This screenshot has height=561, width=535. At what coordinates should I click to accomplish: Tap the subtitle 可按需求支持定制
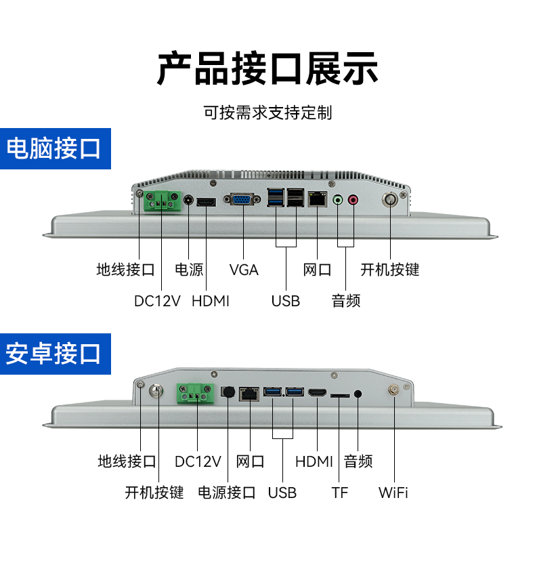(x=267, y=112)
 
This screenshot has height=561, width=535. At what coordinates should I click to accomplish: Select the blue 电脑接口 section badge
(x=53, y=148)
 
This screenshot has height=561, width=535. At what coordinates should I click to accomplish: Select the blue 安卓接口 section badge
(x=53, y=353)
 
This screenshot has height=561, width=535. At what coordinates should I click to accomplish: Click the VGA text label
(x=244, y=270)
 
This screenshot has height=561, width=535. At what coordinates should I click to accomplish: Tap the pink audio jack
(x=353, y=200)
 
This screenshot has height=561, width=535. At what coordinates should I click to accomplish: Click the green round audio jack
(x=339, y=200)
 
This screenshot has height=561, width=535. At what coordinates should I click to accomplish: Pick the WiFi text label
(x=393, y=493)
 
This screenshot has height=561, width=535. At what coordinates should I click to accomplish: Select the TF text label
(x=339, y=493)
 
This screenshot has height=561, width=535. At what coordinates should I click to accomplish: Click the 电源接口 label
(x=227, y=493)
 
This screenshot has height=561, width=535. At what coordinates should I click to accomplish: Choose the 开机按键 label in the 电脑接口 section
(x=389, y=270)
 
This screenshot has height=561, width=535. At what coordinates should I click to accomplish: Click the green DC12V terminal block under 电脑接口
(x=163, y=201)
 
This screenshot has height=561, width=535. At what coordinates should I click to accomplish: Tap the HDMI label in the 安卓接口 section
(x=314, y=462)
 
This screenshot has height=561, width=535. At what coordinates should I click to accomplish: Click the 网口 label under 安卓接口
(x=250, y=462)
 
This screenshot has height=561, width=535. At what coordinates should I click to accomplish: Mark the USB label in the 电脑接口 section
(x=285, y=300)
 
